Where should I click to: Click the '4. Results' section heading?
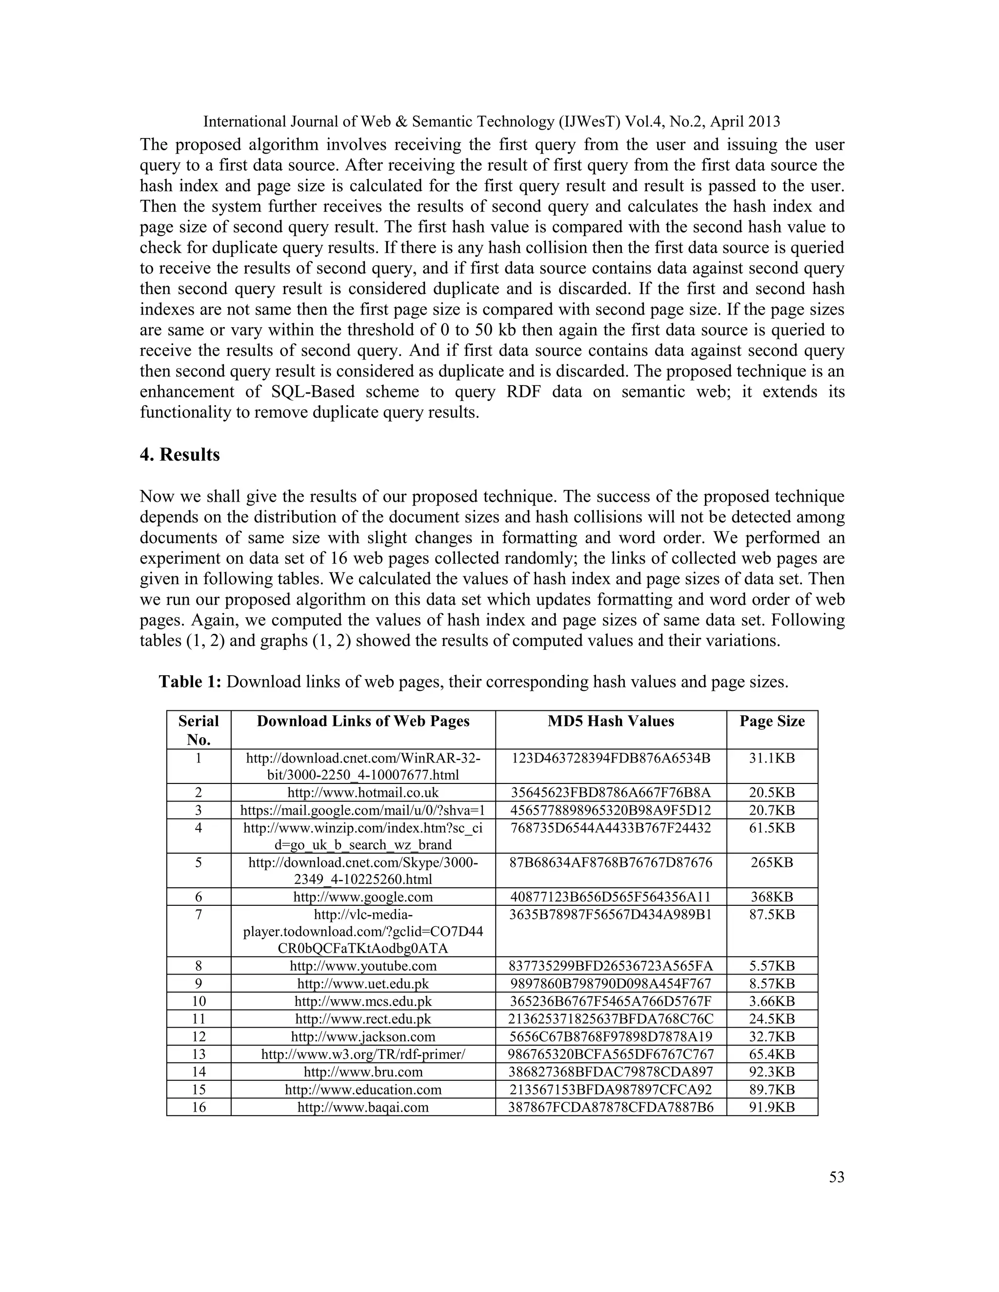coord(180,455)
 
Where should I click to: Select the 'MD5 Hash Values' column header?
coord(611,721)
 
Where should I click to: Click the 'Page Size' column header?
coord(772,721)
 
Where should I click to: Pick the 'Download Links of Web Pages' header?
coord(363,721)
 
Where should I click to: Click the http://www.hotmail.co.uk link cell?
coord(363,793)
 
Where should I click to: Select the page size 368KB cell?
coord(772,897)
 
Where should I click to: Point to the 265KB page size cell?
coord(772,862)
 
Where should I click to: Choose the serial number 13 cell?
coord(199,1054)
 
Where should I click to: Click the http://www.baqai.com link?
coord(363,1107)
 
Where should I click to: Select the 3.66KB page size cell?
coord(772,1001)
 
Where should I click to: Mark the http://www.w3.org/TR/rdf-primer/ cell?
coord(363,1054)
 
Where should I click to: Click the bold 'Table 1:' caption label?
coord(190,682)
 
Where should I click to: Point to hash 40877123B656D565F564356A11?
coord(611,897)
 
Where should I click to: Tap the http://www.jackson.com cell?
coord(363,1037)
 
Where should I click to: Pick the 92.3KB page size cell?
coord(772,1072)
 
